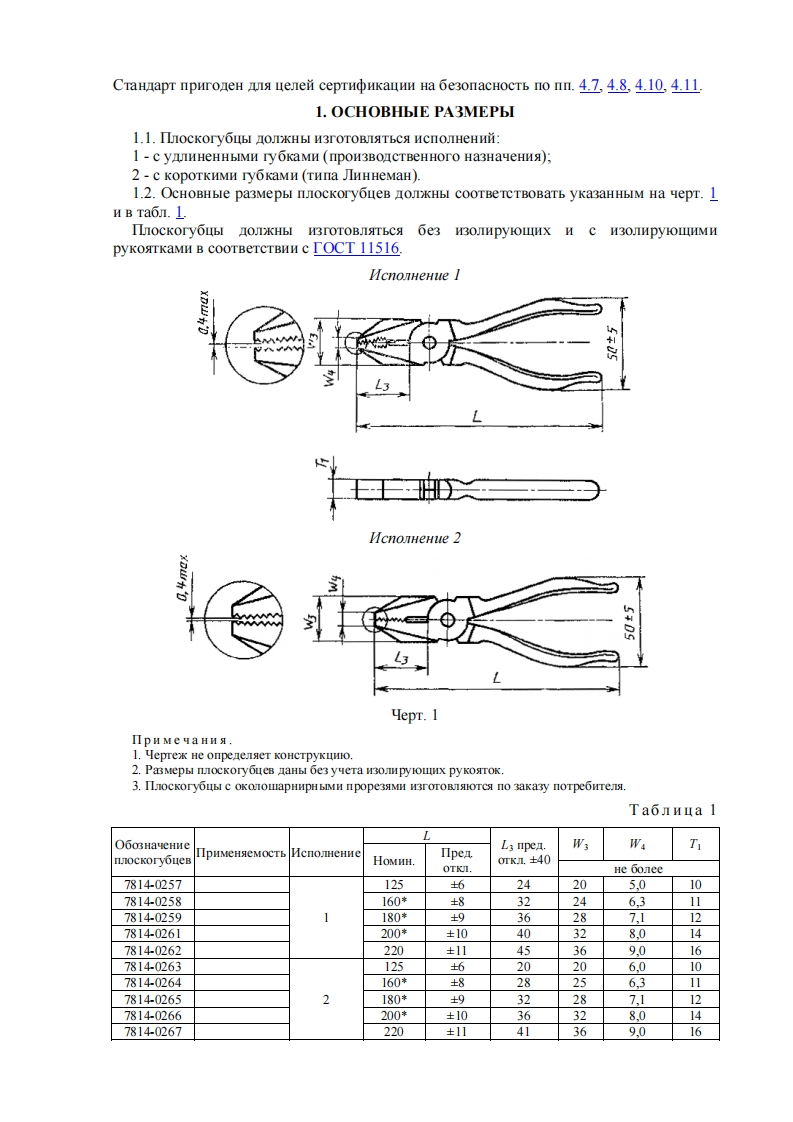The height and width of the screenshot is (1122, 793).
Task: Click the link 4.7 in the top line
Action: coord(589,85)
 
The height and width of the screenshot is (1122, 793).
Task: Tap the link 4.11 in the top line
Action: coord(685,85)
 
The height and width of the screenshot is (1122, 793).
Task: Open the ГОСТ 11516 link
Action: coord(357,249)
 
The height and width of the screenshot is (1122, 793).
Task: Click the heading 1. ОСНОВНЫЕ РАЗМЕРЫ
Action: coord(415,111)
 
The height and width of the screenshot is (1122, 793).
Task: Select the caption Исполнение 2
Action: coord(415,538)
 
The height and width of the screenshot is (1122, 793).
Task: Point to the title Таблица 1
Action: coord(672,809)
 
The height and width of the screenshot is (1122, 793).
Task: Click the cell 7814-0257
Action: coord(151,885)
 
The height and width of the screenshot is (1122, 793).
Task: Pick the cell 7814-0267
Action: coord(151,1031)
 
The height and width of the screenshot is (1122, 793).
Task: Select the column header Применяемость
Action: coord(241,853)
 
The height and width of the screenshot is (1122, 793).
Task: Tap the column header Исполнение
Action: coord(326,853)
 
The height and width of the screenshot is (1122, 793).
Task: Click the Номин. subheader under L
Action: coord(393,860)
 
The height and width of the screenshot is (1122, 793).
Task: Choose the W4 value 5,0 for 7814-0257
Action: coord(637,885)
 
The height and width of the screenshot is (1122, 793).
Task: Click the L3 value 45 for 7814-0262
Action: coord(525,950)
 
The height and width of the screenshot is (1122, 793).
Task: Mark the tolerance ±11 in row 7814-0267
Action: coord(456,1031)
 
